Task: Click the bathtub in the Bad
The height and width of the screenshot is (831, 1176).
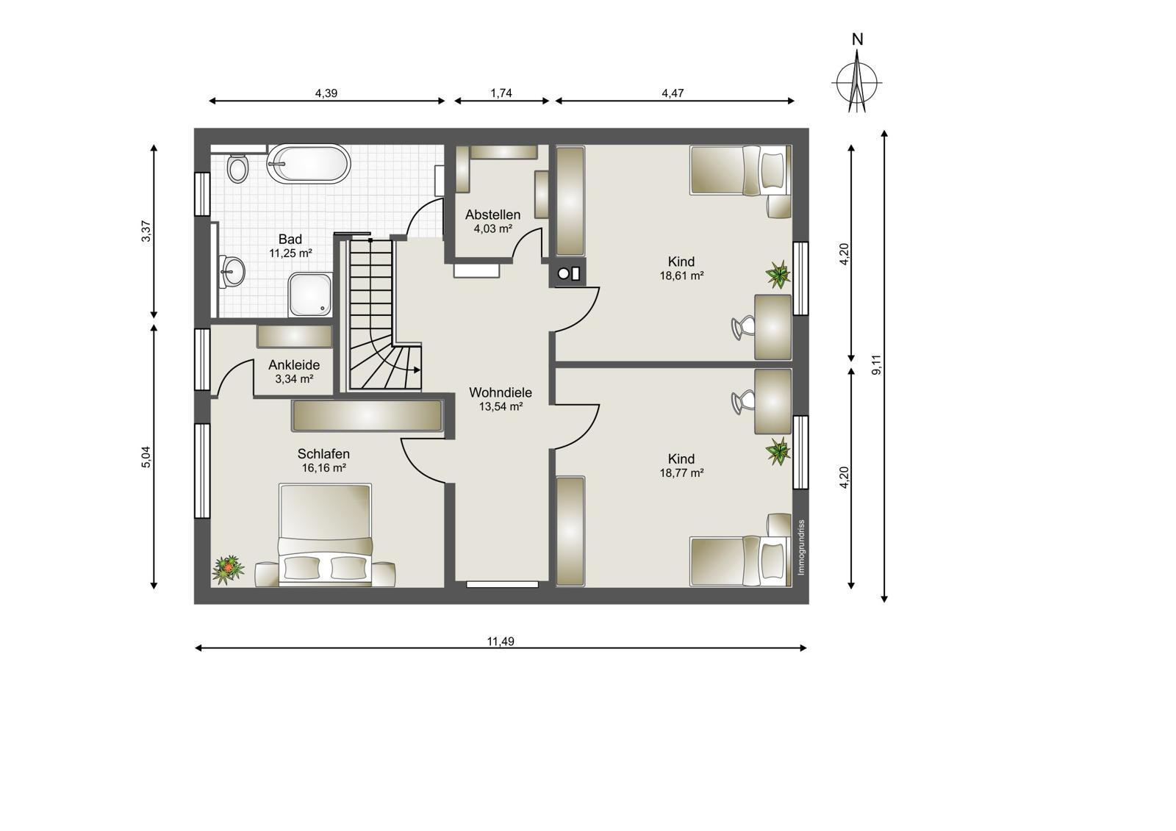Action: click(x=309, y=164)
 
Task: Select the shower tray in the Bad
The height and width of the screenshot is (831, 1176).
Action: click(x=310, y=295)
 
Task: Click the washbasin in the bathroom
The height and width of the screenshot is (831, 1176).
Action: click(x=232, y=271)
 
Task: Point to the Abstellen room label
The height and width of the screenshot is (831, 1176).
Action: click(x=492, y=215)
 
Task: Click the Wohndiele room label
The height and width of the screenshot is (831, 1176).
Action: click(x=501, y=392)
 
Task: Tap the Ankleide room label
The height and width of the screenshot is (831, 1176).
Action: click(x=294, y=365)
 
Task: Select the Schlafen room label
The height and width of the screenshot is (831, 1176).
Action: click(x=323, y=453)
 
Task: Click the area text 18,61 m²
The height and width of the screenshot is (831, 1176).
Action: click(x=681, y=276)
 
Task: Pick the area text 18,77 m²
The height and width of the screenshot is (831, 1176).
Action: click(x=681, y=473)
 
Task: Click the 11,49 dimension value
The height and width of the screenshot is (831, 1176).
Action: click(x=501, y=641)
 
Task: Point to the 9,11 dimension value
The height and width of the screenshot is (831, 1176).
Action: click(x=876, y=365)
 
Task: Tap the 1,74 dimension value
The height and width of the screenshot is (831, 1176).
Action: click(x=501, y=93)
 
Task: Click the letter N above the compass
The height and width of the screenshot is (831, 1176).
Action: click(x=857, y=40)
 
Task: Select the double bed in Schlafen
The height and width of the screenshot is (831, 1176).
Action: click(x=326, y=535)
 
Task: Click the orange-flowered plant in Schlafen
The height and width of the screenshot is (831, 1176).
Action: click(x=228, y=569)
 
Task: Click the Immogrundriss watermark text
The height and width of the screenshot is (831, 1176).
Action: click(x=800, y=547)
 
